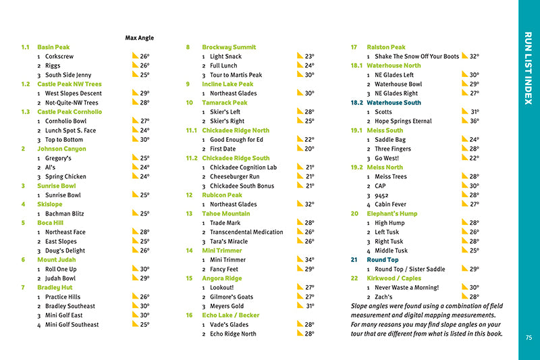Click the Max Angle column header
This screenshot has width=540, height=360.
click(140, 38)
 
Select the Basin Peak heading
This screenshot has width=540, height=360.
click(53, 47)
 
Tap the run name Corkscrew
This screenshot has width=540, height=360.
click(59, 57)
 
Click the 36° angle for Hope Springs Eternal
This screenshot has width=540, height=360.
click(475, 121)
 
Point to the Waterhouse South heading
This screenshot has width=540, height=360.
click(394, 103)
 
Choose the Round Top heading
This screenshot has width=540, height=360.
click(382, 259)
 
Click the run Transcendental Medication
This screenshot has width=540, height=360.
click(246, 232)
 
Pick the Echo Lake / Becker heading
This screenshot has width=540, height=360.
click(230, 315)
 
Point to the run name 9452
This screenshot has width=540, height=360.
click(383, 195)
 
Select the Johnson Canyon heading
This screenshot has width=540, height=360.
click(61, 149)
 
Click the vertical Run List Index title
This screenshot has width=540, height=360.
click(529, 68)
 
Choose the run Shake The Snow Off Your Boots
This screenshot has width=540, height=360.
click(416, 57)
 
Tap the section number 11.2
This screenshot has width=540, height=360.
click(191, 158)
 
